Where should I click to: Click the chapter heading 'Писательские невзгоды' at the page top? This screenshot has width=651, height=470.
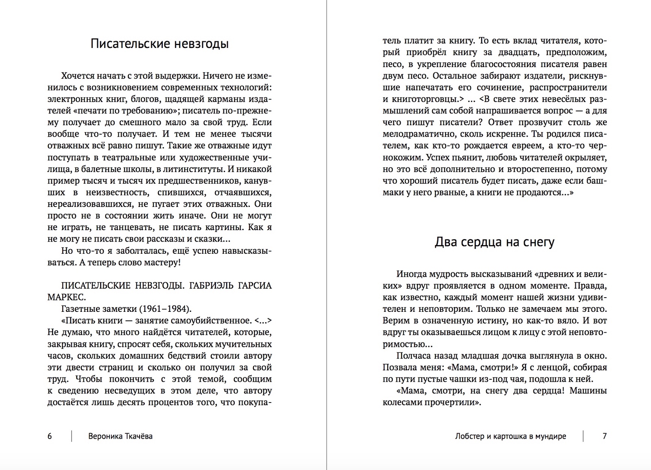click(159, 44)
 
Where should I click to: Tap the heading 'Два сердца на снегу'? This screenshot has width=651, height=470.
click(494, 242)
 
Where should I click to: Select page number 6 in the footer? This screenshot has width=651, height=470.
click(50, 436)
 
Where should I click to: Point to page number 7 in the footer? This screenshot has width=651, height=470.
click(605, 436)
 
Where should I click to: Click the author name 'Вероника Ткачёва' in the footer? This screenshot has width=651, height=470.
click(120, 436)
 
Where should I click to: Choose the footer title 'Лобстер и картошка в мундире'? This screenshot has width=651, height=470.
click(511, 436)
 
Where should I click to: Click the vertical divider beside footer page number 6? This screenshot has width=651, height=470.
click(72, 436)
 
